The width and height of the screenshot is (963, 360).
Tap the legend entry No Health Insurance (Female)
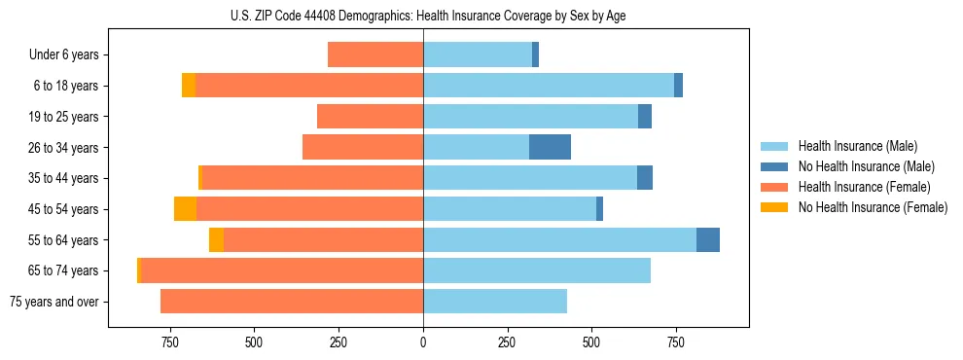coord(873,207)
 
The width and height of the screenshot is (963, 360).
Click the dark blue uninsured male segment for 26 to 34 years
coord(550,147)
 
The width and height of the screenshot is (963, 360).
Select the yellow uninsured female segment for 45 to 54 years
coord(185,209)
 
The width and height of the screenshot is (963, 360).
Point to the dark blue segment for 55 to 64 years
coord(708,239)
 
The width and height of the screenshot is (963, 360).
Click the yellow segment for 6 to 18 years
coord(189,86)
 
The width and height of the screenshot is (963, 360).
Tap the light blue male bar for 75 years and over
coord(495,302)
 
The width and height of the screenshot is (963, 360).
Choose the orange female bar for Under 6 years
coord(375,54)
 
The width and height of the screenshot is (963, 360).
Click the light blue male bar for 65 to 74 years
coord(537,270)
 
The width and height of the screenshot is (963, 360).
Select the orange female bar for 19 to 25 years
coord(370,117)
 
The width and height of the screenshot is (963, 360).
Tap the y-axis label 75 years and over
coord(53,302)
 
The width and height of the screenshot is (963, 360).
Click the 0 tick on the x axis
coord(423,342)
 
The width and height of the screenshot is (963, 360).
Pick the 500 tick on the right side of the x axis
coord(591,342)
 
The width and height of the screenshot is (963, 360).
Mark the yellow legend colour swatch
coord(775,207)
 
